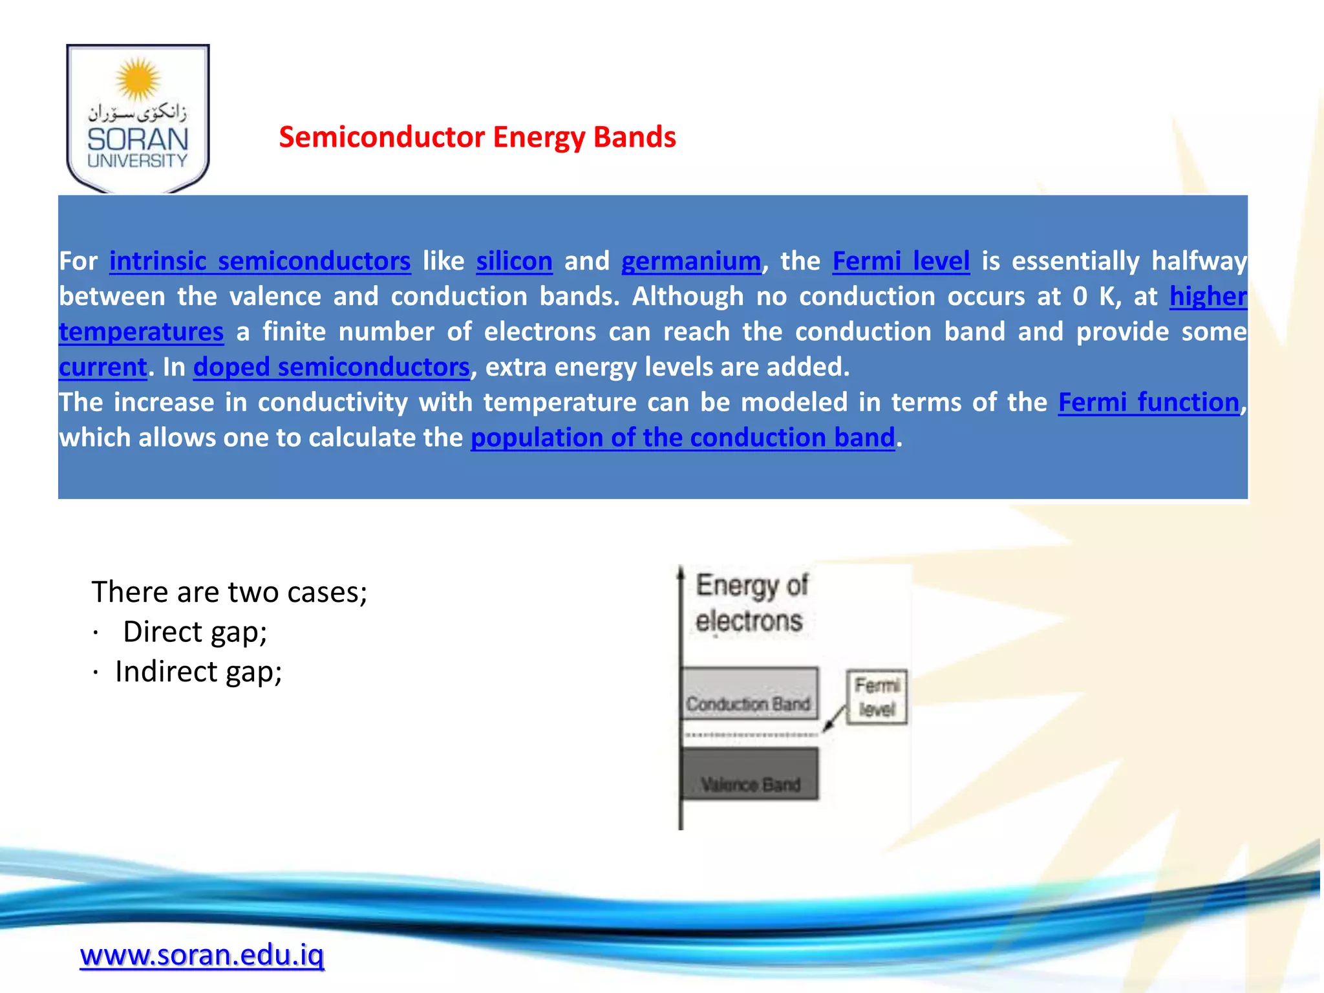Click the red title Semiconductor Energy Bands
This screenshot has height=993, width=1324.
tap(477, 137)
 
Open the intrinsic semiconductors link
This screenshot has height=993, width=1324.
tap(260, 261)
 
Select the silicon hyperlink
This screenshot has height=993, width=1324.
tap(514, 261)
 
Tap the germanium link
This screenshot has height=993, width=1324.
tap(691, 261)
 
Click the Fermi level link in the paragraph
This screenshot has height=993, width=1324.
tap(901, 261)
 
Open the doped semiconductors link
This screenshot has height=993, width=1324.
tap(331, 367)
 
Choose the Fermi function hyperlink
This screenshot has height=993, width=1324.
tap(1148, 402)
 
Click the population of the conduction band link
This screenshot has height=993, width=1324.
tap(683, 438)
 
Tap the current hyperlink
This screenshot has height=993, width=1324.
tap(103, 367)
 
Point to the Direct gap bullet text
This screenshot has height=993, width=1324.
tap(195, 632)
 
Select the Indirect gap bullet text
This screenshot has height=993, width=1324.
tap(198, 672)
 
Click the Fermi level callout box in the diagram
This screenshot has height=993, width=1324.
tap(877, 696)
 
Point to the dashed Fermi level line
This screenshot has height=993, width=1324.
tap(750, 735)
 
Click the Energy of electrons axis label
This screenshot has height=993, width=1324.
tap(751, 603)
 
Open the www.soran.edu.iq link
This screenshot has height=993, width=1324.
tap(202, 955)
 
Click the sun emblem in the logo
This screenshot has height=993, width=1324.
tap(138, 79)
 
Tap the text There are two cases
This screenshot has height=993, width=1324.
tap(229, 592)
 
